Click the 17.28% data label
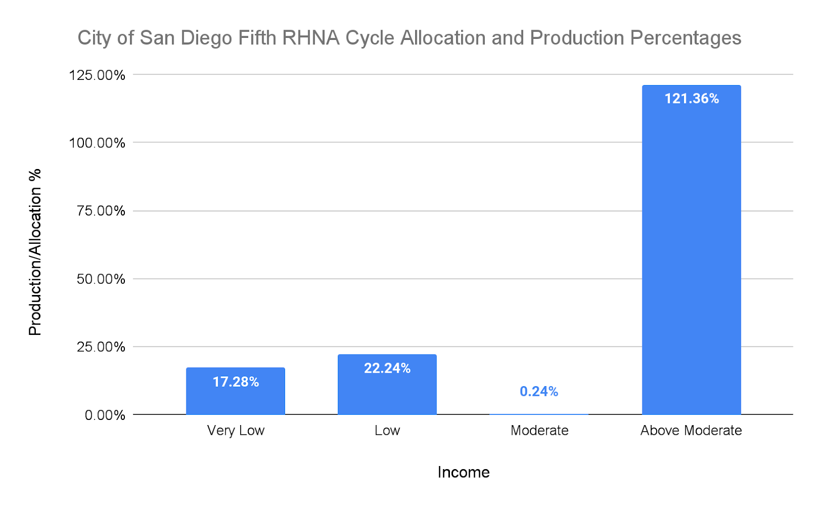tap(235, 382)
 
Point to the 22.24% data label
tap(387, 368)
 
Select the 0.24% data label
tap(538, 392)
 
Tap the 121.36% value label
tap(692, 99)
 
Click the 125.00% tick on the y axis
tap(97, 75)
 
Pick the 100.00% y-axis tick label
tap(97, 143)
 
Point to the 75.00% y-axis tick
tap(101, 211)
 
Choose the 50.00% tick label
tap(101, 279)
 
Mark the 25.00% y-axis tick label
tap(101, 347)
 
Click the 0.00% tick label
tap(105, 415)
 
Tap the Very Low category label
tap(235, 431)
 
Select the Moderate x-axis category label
tap(540, 431)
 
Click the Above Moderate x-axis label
tap(691, 431)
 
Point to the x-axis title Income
tap(463, 472)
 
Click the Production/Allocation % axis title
tap(35, 252)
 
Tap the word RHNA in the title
tap(311, 38)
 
